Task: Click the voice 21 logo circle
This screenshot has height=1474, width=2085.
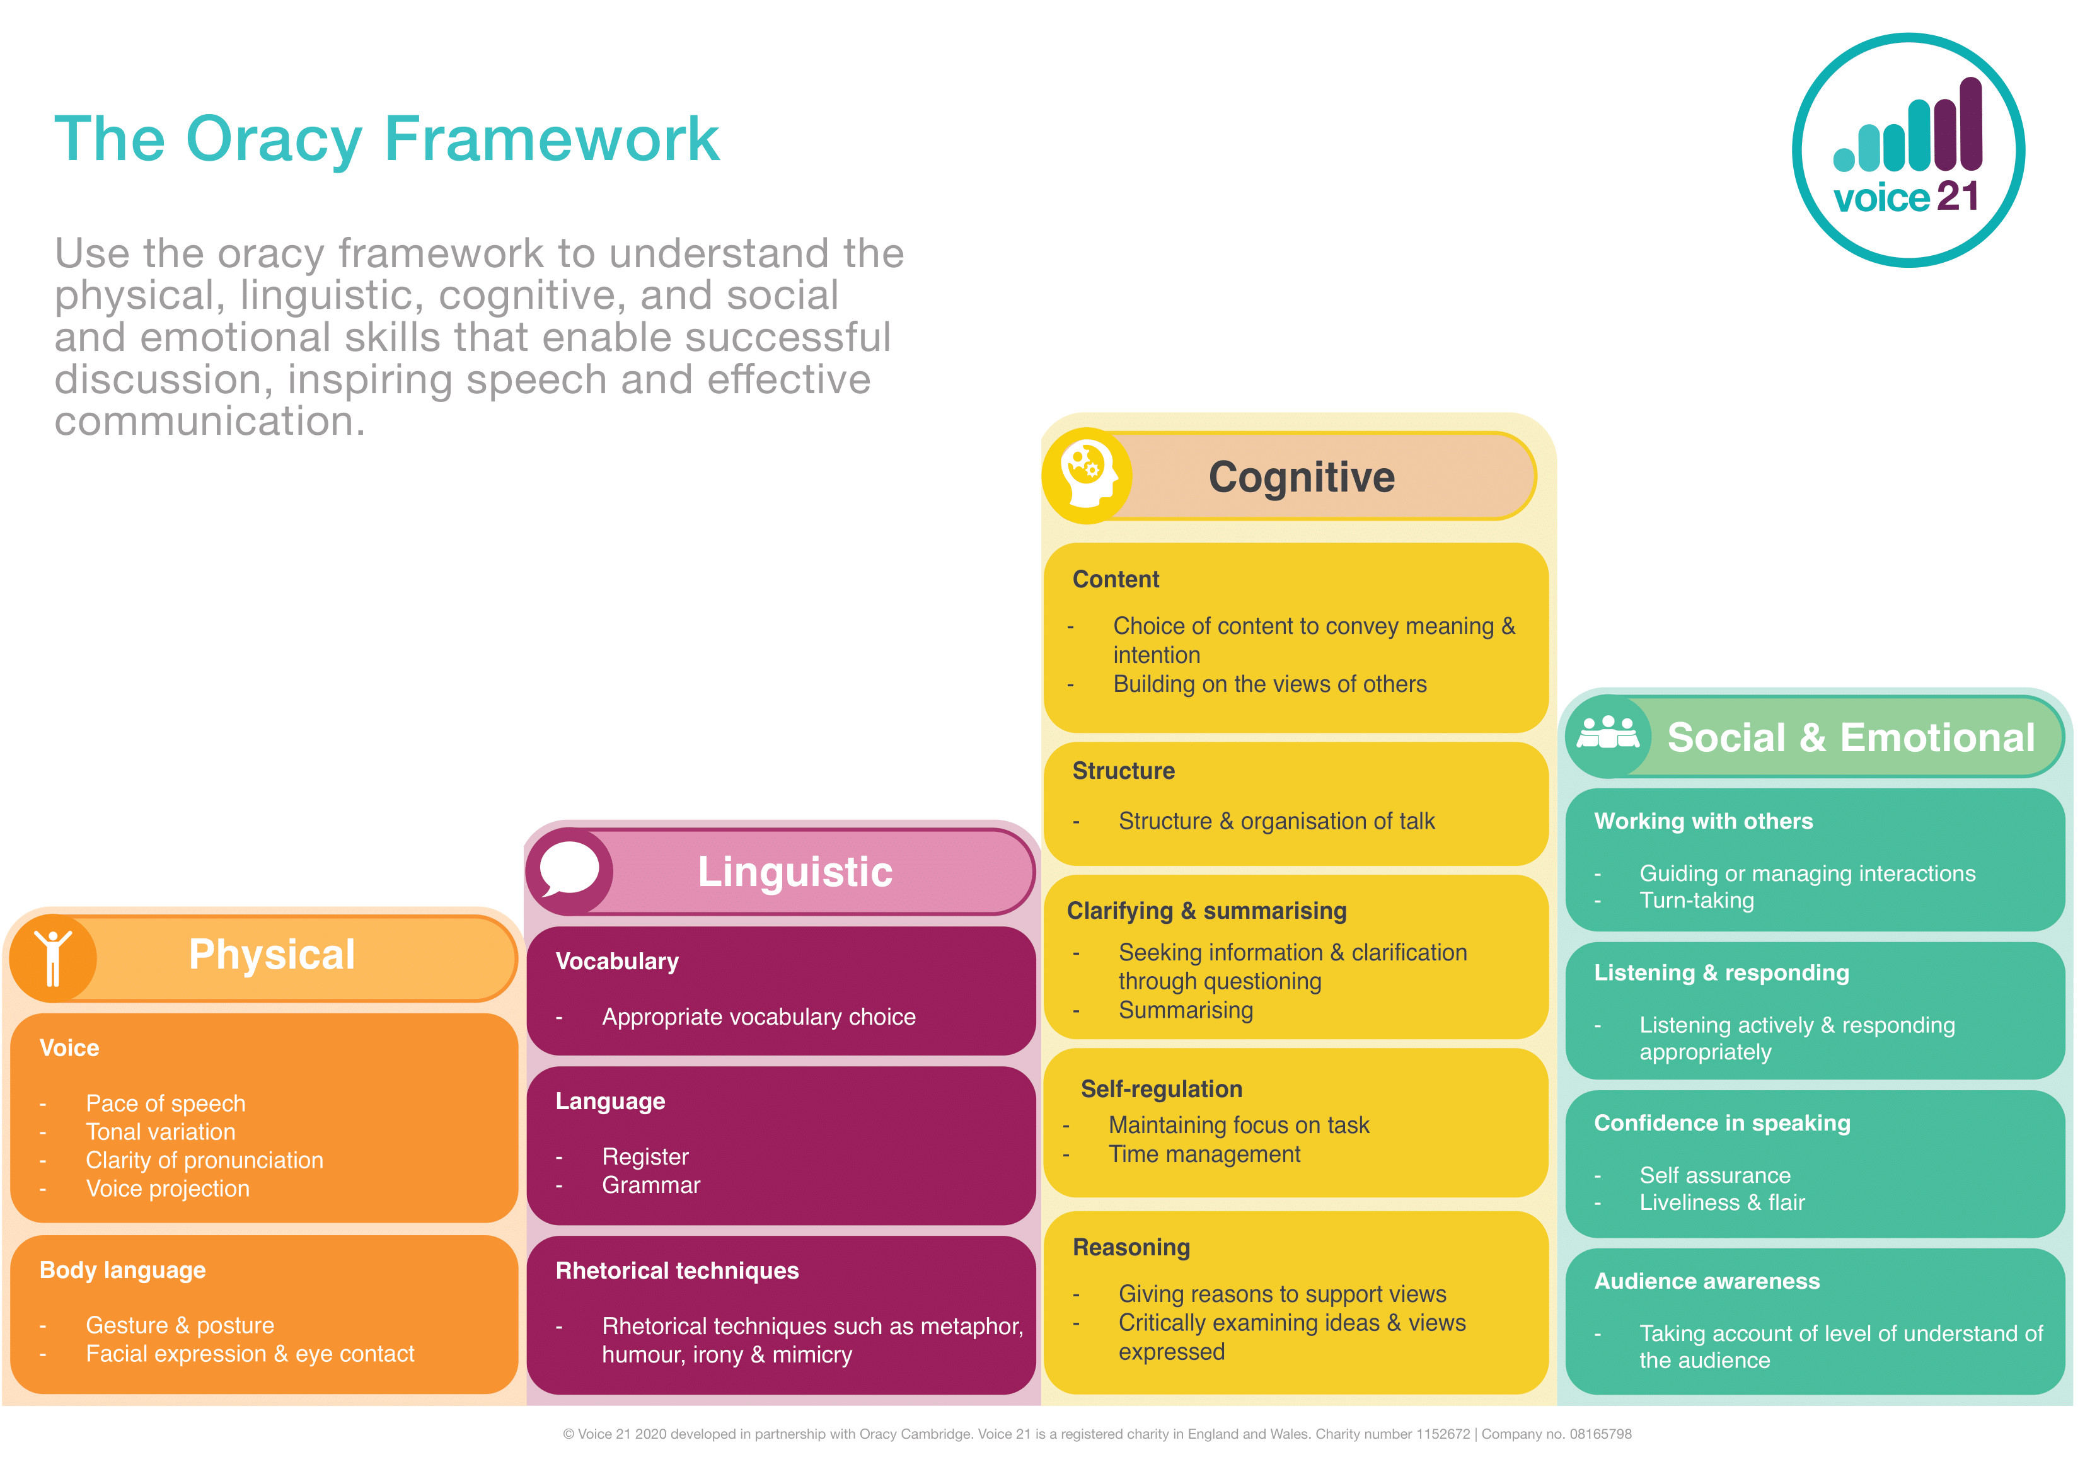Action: point(1907,151)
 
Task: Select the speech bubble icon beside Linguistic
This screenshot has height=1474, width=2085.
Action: point(569,870)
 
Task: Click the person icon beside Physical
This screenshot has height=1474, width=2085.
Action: point(54,957)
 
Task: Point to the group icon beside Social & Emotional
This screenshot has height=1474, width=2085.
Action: point(1607,735)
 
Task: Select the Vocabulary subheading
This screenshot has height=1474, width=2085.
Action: point(616,961)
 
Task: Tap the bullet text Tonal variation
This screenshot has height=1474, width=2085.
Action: point(160,1132)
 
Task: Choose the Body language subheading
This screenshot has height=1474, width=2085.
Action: point(123,1270)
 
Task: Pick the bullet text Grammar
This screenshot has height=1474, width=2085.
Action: point(650,1185)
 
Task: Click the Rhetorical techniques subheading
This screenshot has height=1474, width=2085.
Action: point(676,1270)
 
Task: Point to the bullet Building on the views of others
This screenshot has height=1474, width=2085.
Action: point(1269,684)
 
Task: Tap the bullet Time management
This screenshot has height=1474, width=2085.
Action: point(1203,1154)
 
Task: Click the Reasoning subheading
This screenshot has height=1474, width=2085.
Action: point(1131,1247)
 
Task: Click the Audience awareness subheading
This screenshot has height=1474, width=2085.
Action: point(1706,1281)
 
